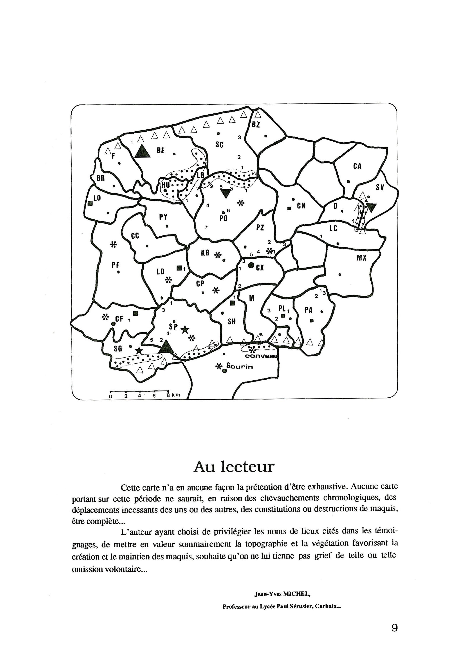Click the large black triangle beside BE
pyautogui.click(x=143, y=152)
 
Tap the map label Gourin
pyautogui.click(x=240, y=366)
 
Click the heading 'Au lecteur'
pyautogui.click(x=234, y=467)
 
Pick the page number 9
pyautogui.click(x=394, y=628)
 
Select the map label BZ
pyautogui.click(x=256, y=125)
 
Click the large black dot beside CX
pyautogui.click(x=251, y=265)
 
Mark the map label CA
pyautogui.click(x=357, y=166)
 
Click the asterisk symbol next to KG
pyautogui.click(x=217, y=255)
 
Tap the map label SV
pyautogui.click(x=380, y=187)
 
